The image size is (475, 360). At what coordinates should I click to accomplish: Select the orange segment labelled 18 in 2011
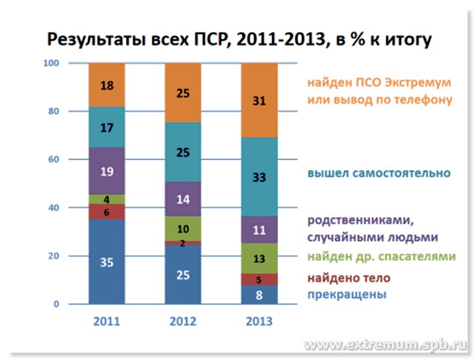click(x=107, y=85)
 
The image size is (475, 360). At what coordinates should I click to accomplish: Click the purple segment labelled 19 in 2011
click(x=107, y=171)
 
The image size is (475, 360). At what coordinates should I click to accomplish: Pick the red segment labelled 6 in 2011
click(x=107, y=211)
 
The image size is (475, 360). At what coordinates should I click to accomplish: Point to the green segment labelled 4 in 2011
click(x=107, y=199)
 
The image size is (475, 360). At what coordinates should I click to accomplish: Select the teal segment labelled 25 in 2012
click(x=182, y=153)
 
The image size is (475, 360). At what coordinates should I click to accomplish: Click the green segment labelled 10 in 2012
click(x=182, y=228)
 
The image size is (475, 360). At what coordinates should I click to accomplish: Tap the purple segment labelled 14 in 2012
click(x=182, y=199)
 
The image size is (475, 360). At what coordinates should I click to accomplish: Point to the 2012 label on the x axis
click(x=182, y=321)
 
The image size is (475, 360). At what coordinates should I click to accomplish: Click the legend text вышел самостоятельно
click(x=377, y=173)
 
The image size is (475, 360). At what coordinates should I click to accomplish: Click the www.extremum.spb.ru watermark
click(x=386, y=345)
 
